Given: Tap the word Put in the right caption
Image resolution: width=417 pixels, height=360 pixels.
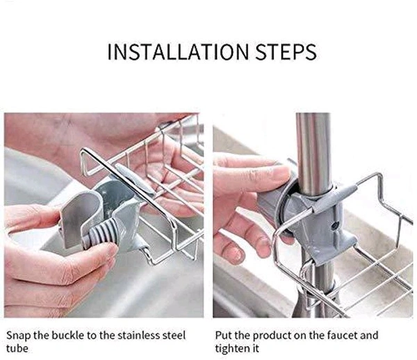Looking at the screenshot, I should (x=222, y=334).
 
